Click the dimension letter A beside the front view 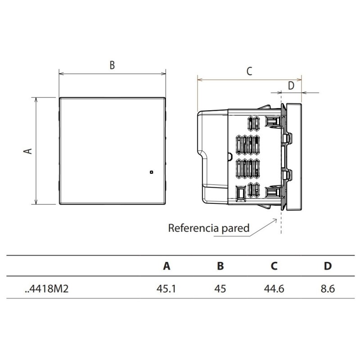(x=28, y=151)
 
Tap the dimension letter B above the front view (x=112, y=65)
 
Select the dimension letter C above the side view (x=249, y=71)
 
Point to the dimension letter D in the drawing (x=291, y=85)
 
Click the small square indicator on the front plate (x=151, y=172)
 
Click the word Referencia (x=193, y=228)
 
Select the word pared (x=235, y=229)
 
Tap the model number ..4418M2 (x=47, y=288)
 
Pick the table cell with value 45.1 (x=166, y=288)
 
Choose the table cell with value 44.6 (x=274, y=288)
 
